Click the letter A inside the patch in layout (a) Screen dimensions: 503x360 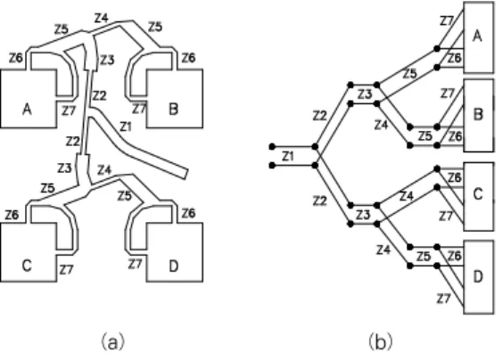pyautogui.click(x=28, y=109)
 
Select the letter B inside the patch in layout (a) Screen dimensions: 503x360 pyautogui.click(x=173, y=109)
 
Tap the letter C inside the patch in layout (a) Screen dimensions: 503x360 pyautogui.click(x=27, y=266)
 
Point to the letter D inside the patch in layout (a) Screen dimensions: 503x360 pyautogui.click(x=173, y=266)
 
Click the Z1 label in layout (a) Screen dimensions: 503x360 pyautogui.click(x=126, y=127)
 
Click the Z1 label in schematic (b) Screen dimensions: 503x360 pyautogui.click(x=288, y=156)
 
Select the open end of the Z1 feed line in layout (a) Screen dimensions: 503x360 pyautogui.click(x=185, y=174)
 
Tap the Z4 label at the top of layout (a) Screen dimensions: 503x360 pyautogui.click(x=102, y=18)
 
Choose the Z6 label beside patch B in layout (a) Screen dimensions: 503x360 pyautogui.click(x=188, y=58)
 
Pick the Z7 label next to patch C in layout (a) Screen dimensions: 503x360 pyautogui.click(x=66, y=270)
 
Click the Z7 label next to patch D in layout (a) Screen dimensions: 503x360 pyautogui.click(x=135, y=264)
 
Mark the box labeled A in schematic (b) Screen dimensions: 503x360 pyautogui.click(x=479, y=37)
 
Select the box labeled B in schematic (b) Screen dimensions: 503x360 pyautogui.click(x=479, y=115)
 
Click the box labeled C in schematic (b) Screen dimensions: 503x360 pyautogui.click(x=479, y=196)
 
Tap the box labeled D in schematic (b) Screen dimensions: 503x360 pyautogui.click(x=479, y=277)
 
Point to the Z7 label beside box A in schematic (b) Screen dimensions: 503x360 pyautogui.click(x=446, y=21)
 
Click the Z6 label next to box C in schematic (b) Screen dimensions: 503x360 pyautogui.click(x=455, y=177)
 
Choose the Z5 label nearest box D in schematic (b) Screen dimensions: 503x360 pyautogui.click(x=424, y=257)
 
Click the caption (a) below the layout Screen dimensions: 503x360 pyautogui.click(x=112, y=342)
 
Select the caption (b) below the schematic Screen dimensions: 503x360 pyautogui.click(x=381, y=342)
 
